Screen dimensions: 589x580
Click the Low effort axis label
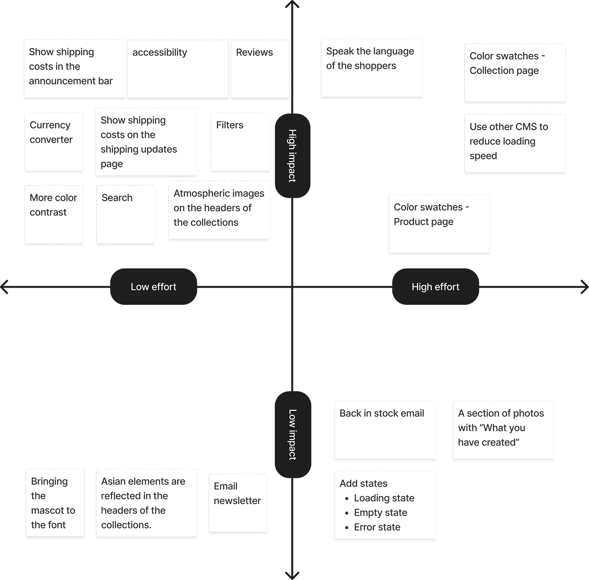[154, 287]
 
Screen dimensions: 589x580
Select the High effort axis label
[435, 287]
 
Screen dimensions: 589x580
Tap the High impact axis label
[292, 156]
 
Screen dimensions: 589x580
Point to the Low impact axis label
[293, 435]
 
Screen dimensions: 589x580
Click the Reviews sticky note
[260, 69]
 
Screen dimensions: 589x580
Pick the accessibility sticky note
[178, 69]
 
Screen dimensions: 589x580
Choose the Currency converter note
[54, 142]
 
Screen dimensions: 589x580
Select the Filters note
[240, 142]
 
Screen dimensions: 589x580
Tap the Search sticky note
[126, 214]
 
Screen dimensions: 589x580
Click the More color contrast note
[54, 214]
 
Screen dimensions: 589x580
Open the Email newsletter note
[238, 503]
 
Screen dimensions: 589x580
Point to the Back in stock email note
[385, 430]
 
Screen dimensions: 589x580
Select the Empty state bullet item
[376, 512]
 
